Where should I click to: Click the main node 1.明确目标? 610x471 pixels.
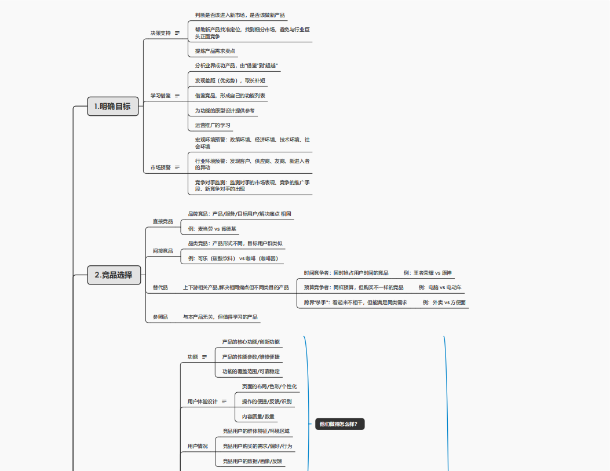click(x=113, y=107)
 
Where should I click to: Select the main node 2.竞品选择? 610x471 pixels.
click(x=114, y=275)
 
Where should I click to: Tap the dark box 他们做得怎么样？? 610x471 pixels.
click(x=339, y=424)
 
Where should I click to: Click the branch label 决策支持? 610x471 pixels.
click(x=160, y=33)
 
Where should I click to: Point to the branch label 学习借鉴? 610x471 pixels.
click(x=160, y=96)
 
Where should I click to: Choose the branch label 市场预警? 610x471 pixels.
click(x=160, y=167)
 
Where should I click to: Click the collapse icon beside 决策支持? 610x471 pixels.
click(x=177, y=33)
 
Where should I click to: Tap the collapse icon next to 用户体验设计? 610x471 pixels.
click(x=224, y=401)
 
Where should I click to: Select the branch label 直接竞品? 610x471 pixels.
click(x=163, y=221)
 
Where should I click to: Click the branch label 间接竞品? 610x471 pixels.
click(x=163, y=251)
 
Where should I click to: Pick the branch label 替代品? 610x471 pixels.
click(x=160, y=287)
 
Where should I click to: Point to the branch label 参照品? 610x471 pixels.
click(x=160, y=317)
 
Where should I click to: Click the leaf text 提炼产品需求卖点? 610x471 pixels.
click(x=215, y=51)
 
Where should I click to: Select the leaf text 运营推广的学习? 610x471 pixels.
click(x=213, y=125)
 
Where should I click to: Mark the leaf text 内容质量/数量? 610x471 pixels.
click(x=258, y=417)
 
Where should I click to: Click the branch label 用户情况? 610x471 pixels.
click(x=198, y=446)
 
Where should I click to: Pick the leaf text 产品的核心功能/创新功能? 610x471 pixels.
click(x=250, y=342)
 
